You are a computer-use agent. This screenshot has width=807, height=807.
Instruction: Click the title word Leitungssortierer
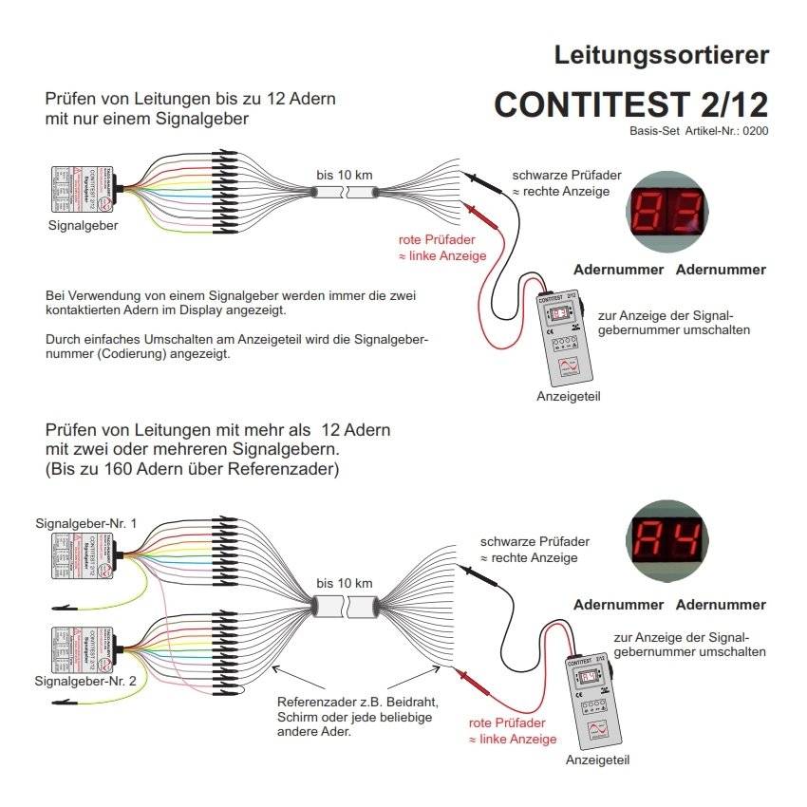(661, 55)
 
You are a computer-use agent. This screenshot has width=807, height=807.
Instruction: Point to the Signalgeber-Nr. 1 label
(86, 523)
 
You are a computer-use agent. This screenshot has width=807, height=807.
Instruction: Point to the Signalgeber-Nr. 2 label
(86, 681)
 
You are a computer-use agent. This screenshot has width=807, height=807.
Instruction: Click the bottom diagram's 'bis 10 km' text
(345, 582)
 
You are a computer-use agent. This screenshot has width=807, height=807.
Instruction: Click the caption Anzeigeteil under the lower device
(597, 760)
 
